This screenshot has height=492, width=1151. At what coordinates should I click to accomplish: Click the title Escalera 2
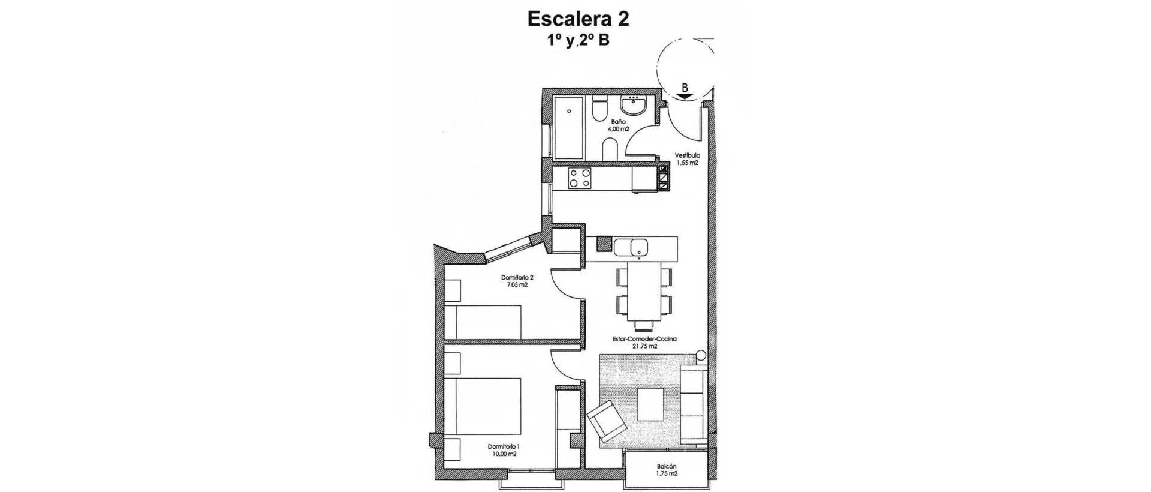(x=578, y=19)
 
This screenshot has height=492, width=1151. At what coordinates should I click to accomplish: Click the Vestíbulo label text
(x=687, y=155)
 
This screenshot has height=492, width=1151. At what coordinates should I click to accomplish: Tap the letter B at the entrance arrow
(x=685, y=87)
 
